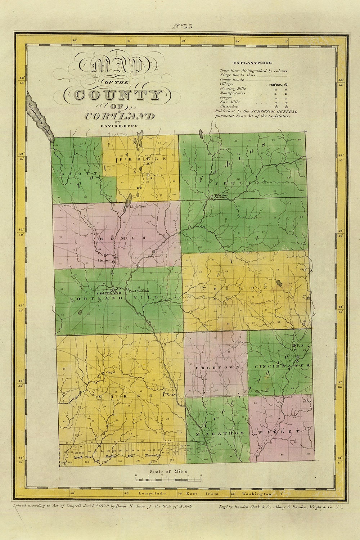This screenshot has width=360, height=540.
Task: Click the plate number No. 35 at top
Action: point(183,26)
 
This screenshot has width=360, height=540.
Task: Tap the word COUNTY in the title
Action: point(112,95)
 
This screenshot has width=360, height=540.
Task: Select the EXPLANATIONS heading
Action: point(252,63)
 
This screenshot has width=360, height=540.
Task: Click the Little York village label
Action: point(139,207)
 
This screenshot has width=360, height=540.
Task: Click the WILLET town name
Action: point(279,431)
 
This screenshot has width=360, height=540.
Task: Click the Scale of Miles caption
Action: point(168,471)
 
